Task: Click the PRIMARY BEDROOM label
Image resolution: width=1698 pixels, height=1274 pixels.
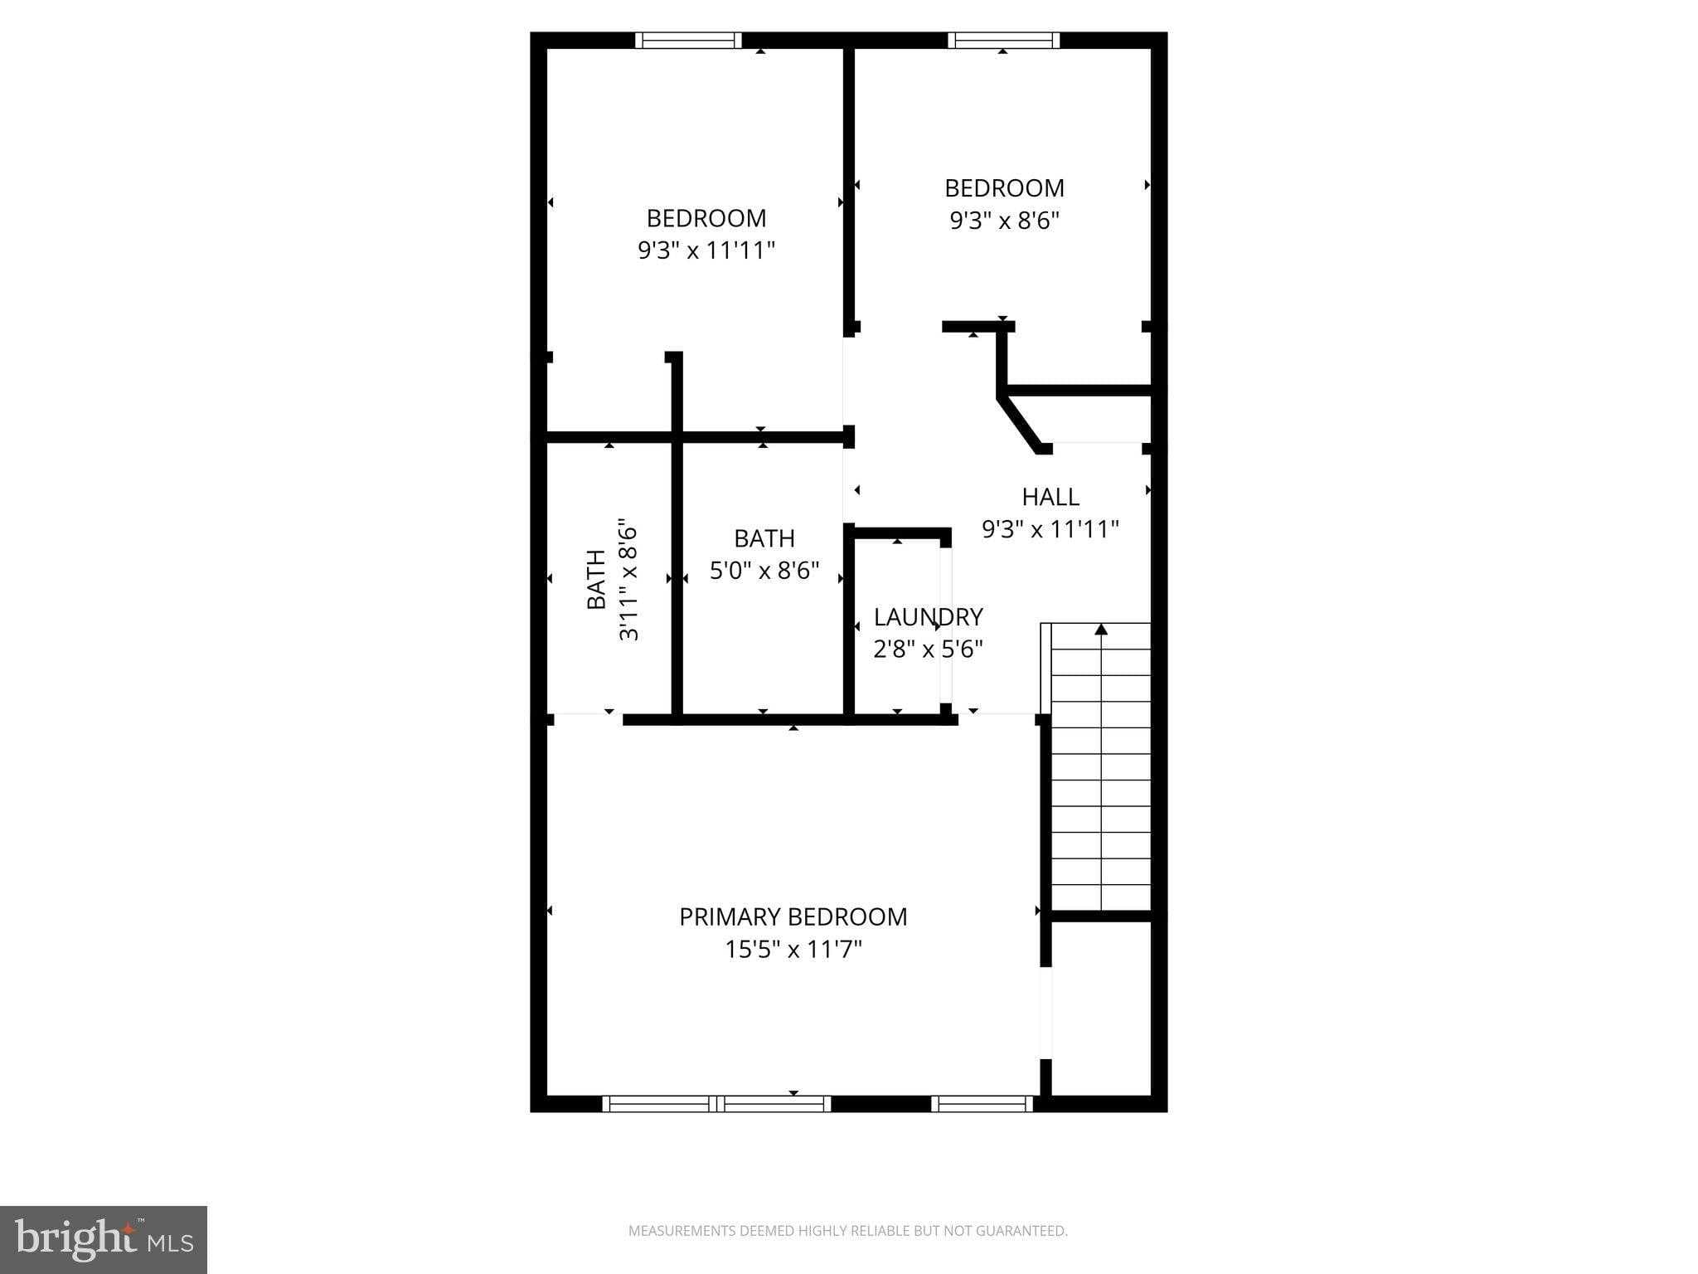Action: (793, 917)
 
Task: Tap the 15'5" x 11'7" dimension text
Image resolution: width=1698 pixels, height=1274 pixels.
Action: (793, 949)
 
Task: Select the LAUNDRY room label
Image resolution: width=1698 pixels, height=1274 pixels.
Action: (928, 616)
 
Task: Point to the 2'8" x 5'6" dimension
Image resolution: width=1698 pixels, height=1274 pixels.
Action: (928, 649)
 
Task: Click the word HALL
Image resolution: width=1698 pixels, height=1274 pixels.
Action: (1050, 497)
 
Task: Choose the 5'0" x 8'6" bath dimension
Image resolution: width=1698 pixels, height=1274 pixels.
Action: (764, 571)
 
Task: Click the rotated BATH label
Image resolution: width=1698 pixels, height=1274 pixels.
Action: (596, 579)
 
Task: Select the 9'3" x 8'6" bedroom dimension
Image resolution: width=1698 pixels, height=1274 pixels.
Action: (1004, 221)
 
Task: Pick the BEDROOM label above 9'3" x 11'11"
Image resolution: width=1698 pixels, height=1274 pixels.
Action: (706, 218)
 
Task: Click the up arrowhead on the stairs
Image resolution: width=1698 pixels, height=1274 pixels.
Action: (1101, 630)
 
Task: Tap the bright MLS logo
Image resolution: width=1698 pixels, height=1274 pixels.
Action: (103, 1239)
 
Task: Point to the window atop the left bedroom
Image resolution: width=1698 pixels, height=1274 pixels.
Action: (688, 41)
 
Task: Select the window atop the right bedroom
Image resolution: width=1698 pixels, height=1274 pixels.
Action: (1003, 41)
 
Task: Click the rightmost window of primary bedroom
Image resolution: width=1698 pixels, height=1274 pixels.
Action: (982, 1103)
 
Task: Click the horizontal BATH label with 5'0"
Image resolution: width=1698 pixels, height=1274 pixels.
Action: (764, 538)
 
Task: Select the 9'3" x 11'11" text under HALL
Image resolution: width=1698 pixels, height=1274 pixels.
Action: (1050, 529)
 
